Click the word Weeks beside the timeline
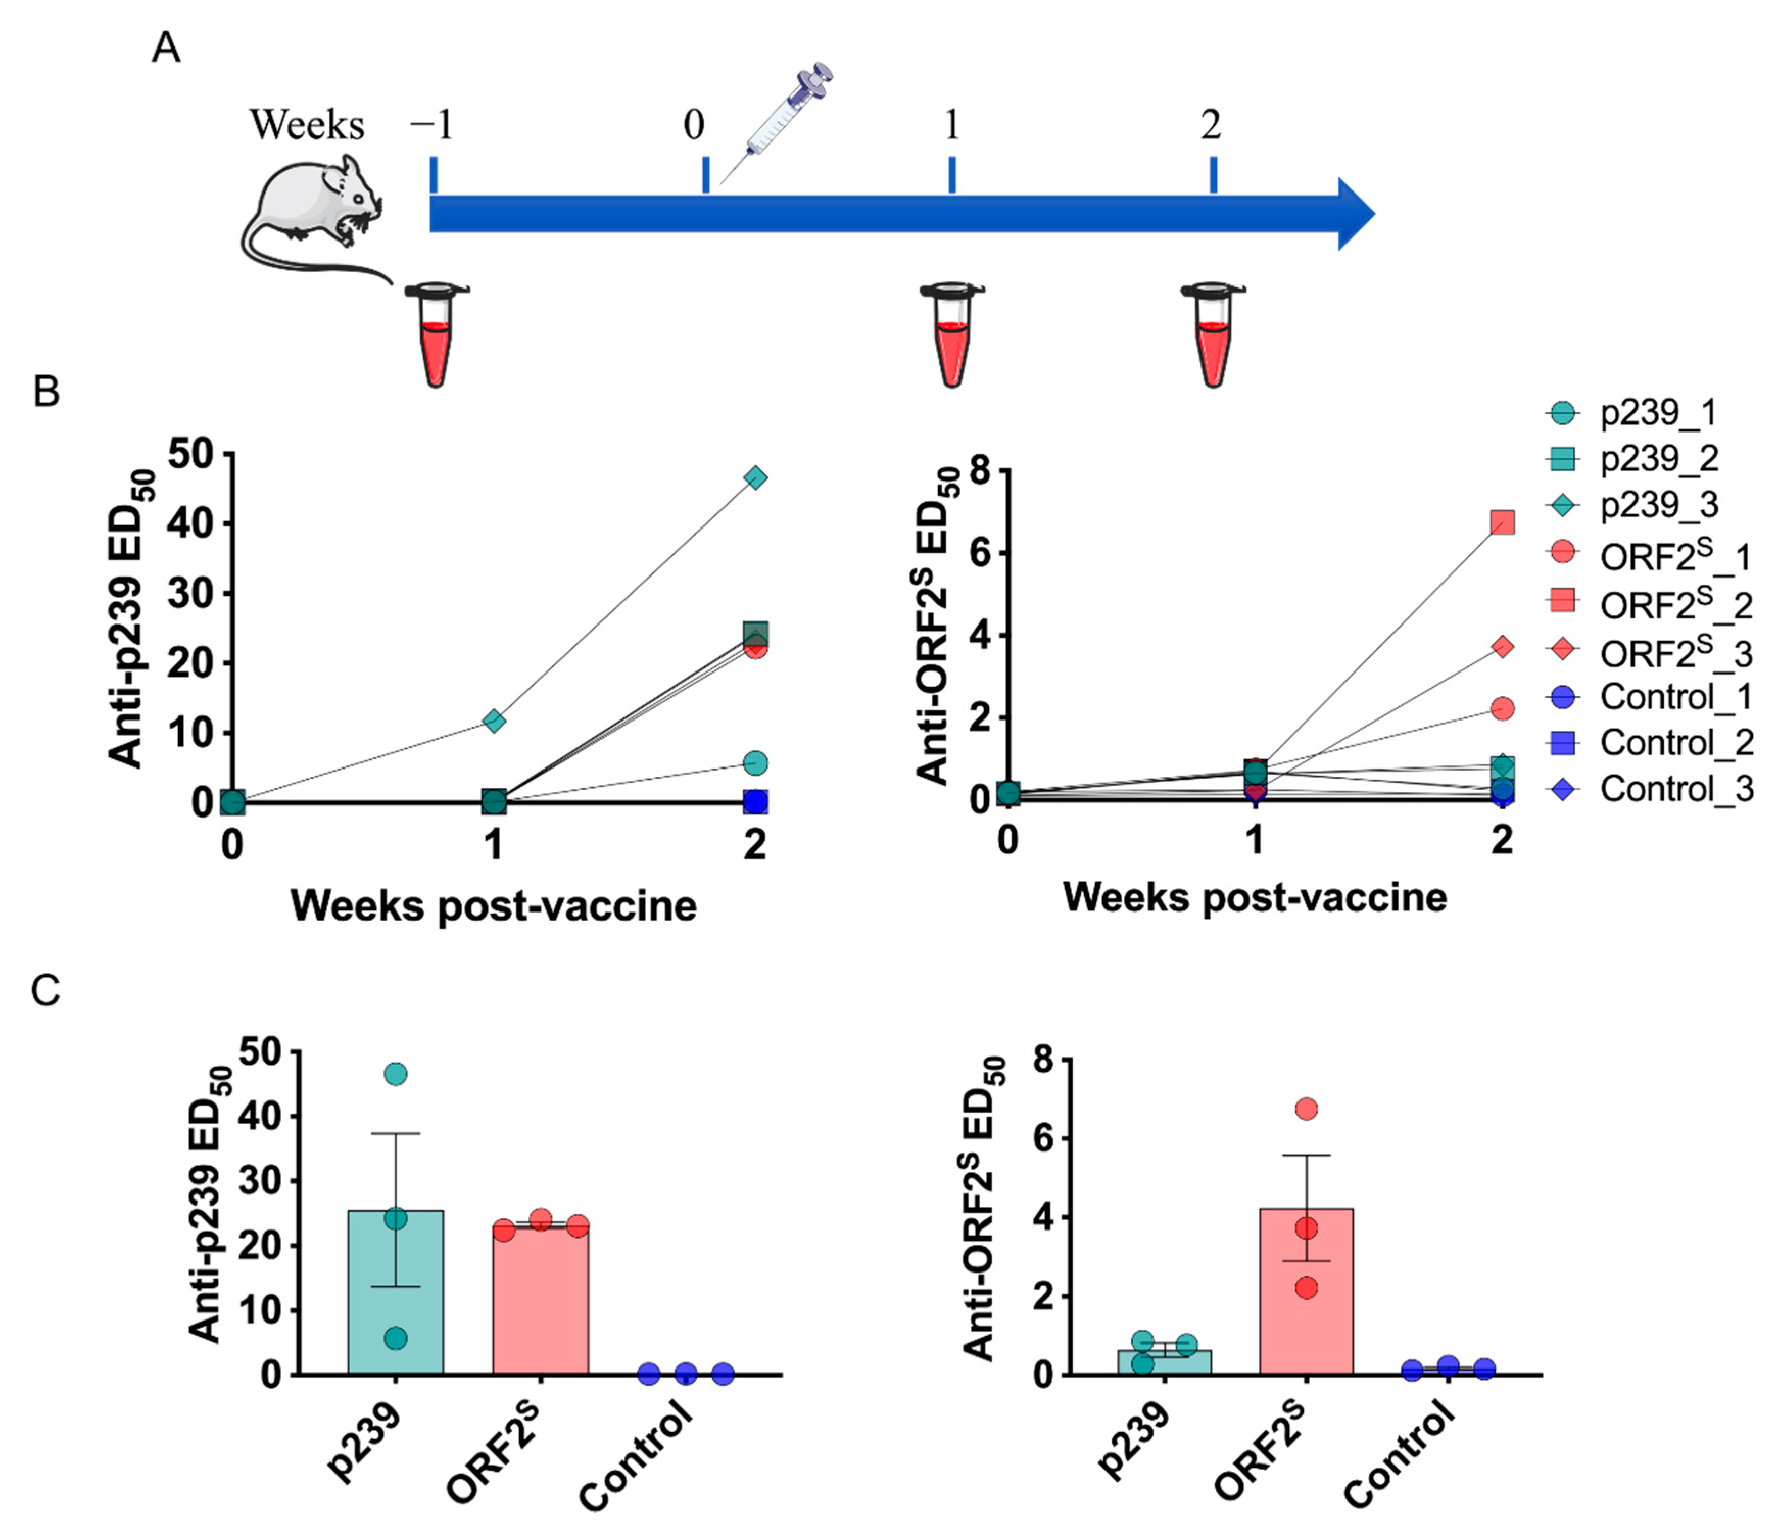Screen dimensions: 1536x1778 [306, 126]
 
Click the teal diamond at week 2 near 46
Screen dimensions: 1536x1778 [755, 478]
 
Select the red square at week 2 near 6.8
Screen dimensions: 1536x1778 [1502, 522]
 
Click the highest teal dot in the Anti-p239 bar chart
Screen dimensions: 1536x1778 [396, 1073]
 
